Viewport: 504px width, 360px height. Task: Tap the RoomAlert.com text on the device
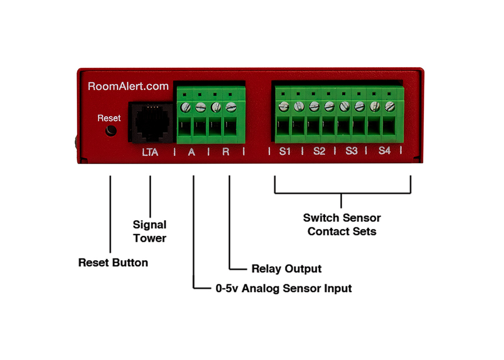click(x=128, y=86)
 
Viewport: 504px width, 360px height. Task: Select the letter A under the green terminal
click(x=192, y=153)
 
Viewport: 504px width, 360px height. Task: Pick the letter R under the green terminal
click(x=226, y=153)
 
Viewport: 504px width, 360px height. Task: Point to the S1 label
click(x=285, y=152)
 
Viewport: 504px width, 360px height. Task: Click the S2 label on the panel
click(x=319, y=152)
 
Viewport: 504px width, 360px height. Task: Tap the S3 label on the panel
click(x=351, y=152)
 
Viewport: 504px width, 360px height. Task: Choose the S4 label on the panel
click(x=384, y=152)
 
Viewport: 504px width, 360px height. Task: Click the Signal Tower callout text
click(x=150, y=231)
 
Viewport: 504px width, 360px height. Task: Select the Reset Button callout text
click(x=113, y=263)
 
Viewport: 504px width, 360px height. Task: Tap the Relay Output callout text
click(x=286, y=268)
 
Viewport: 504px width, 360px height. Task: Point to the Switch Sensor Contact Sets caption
click(x=342, y=225)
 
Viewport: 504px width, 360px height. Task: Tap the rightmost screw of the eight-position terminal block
click(x=389, y=106)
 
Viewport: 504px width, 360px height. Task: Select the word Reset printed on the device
click(x=109, y=118)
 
